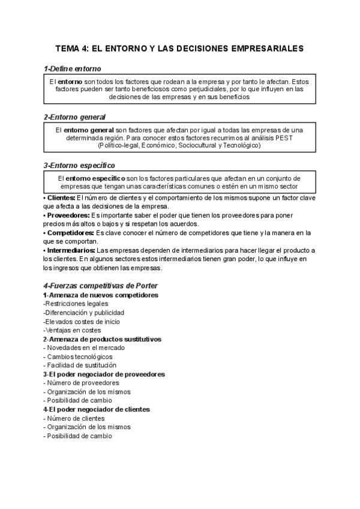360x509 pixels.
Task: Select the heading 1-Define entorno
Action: click(x=73, y=69)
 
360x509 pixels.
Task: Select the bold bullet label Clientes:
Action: click(x=61, y=197)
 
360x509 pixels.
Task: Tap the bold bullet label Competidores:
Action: click(x=70, y=232)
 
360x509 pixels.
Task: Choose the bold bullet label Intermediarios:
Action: click(x=71, y=250)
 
